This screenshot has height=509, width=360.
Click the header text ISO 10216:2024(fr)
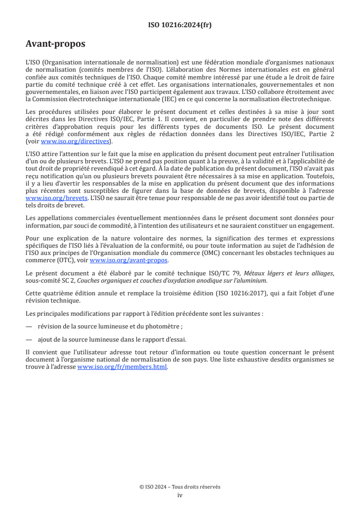180,25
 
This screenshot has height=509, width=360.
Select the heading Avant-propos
55,44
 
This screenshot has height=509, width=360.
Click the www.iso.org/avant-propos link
129,260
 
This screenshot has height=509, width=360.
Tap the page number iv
180,495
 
